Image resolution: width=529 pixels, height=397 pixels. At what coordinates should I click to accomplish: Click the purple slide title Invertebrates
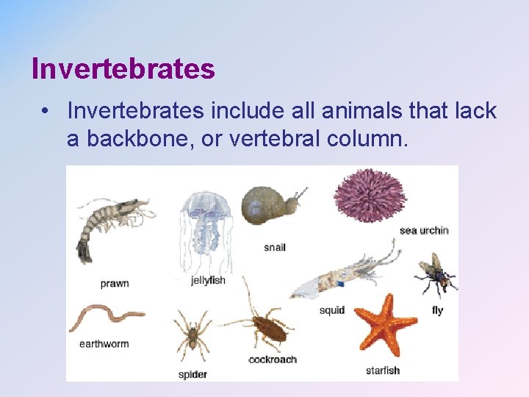123,69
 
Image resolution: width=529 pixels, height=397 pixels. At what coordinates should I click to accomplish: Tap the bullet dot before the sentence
46,112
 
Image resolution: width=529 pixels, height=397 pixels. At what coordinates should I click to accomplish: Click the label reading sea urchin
424,231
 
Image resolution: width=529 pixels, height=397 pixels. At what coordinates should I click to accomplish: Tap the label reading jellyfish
208,281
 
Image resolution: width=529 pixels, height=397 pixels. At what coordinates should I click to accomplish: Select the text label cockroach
273,360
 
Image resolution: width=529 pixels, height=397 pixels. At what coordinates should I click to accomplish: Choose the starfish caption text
383,370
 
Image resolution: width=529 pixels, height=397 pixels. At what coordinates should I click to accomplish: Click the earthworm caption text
104,343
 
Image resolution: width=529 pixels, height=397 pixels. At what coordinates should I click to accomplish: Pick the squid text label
332,310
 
